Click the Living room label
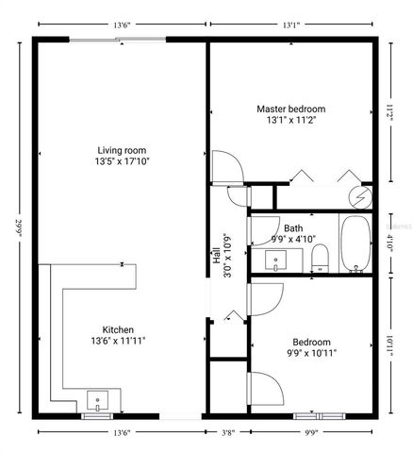(x=122, y=150)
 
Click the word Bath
(x=293, y=228)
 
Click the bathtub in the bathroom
(x=356, y=244)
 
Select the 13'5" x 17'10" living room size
(x=122, y=161)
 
